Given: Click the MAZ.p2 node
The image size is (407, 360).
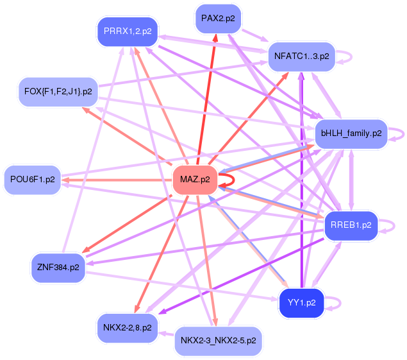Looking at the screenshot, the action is [x=195, y=180].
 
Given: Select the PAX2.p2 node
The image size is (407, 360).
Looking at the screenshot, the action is [x=218, y=19].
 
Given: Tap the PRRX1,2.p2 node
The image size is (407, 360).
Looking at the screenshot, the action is [x=128, y=31].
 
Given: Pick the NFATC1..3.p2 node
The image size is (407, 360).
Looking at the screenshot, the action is [x=302, y=56].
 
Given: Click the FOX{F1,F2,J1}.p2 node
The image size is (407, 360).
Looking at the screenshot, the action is [x=58, y=92].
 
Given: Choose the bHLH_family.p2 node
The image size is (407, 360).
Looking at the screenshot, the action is [x=351, y=133].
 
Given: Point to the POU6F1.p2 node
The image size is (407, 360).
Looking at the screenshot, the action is [x=33, y=180].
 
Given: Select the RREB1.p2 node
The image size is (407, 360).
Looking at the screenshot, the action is [x=351, y=225].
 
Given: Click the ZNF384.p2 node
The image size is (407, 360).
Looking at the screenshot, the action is [x=58, y=268].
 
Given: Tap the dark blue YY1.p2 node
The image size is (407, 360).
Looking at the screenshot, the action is [x=302, y=303].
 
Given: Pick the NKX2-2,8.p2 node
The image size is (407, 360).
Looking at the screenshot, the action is [x=128, y=328].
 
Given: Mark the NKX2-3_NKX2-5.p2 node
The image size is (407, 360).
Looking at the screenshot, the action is [x=219, y=341].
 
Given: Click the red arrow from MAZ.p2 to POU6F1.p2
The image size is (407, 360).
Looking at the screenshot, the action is [x=117, y=180].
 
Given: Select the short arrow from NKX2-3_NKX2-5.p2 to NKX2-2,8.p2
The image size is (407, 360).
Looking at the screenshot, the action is [x=167, y=334].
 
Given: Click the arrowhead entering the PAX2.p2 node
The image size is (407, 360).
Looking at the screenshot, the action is [x=215, y=38].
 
